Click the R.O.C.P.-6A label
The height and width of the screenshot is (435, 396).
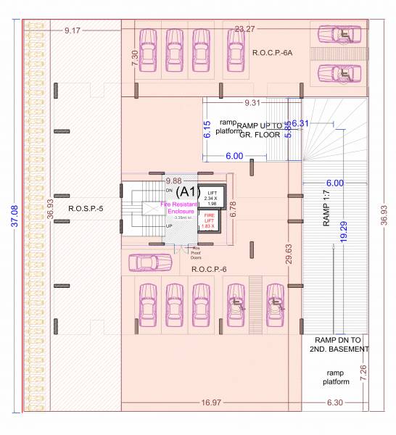[272, 53]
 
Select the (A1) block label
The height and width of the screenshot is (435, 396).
[188, 191]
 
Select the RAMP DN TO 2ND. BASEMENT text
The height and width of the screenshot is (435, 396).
[341, 344]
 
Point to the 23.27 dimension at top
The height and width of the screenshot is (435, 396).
[245, 29]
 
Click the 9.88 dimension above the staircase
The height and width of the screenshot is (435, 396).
[173, 181]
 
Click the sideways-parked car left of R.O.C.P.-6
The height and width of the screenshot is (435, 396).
[144, 262]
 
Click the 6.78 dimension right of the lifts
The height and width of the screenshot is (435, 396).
[232, 210]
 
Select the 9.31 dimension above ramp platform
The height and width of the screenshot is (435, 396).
[253, 102]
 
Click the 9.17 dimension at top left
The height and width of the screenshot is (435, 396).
[73, 30]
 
